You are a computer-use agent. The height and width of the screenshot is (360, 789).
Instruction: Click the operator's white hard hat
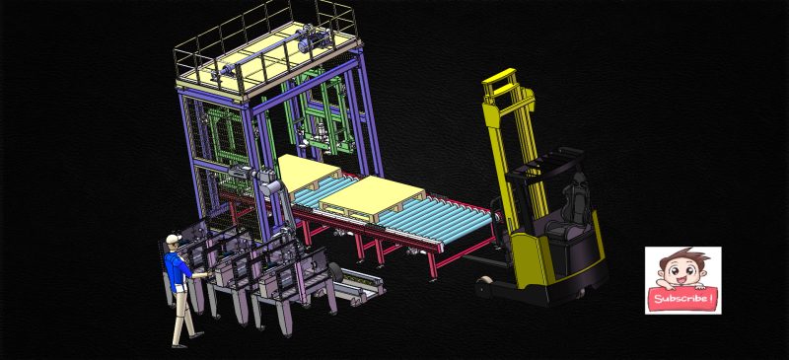click(174, 239)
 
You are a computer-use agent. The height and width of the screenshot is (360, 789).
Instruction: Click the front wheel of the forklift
click(483, 288)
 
